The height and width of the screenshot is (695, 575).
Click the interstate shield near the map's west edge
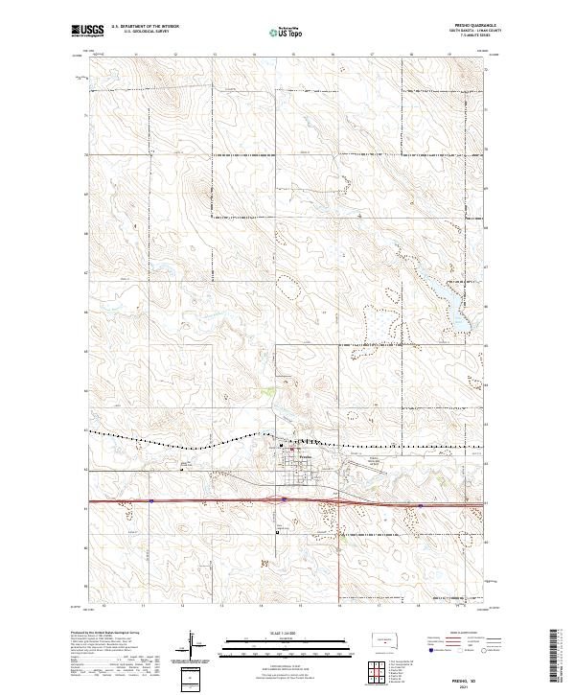click(x=151, y=500)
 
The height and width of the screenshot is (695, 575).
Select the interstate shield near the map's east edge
click(x=421, y=505)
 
